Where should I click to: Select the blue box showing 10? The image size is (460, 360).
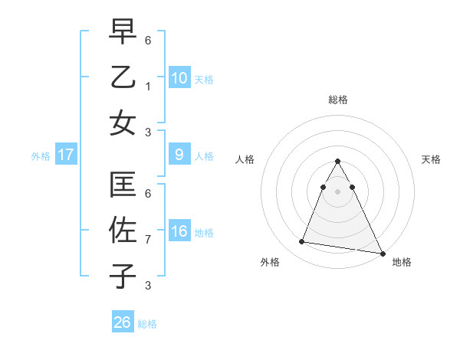coord(179,77)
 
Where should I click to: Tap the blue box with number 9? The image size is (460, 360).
coord(179,155)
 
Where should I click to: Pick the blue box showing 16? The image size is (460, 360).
coord(179,231)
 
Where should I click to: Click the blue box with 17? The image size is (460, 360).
coord(65,155)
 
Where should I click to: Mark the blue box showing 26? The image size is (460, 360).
coord(123,322)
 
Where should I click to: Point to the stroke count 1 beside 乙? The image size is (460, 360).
coord(148,86)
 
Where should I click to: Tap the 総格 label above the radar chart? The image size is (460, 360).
coord(337,100)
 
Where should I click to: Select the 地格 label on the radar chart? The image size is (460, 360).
coord(402,262)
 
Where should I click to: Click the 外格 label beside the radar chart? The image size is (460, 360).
coord(270,262)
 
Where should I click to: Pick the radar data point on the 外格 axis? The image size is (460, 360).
coord(301,242)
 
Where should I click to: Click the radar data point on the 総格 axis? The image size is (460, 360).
coord(337,161)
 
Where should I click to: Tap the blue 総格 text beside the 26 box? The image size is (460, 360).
coord(147,324)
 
